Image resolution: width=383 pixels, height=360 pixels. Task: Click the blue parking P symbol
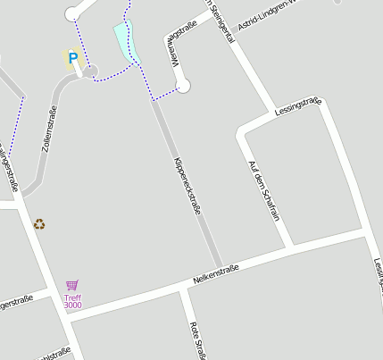[73, 59]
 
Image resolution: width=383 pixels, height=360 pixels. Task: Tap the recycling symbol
[39, 224]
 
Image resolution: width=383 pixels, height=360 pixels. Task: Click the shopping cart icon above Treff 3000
[72, 286]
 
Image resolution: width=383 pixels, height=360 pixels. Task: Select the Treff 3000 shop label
[72, 301]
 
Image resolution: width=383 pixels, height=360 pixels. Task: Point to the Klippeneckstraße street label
[187, 187]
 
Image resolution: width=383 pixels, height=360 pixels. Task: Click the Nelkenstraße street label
[215, 275]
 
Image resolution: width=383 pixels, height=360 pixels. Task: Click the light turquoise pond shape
[126, 41]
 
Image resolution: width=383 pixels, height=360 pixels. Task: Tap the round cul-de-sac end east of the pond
[183, 86]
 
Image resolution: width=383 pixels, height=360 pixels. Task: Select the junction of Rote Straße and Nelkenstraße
[184, 291]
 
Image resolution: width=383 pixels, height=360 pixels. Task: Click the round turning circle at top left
[75, 13]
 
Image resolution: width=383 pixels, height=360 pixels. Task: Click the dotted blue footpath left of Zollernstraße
[21, 125]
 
